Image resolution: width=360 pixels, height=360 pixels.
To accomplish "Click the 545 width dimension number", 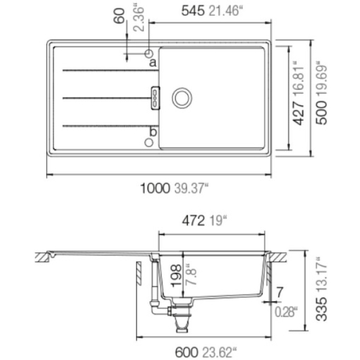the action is (x=193, y=11).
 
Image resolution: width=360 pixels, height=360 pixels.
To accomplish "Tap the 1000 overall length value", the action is (x=155, y=188).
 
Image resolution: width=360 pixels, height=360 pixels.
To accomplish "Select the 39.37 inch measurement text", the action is (x=191, y=188).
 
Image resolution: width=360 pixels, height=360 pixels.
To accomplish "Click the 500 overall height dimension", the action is (x=321, y=113).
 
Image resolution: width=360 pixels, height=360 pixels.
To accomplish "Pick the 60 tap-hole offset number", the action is (x=119, y=16).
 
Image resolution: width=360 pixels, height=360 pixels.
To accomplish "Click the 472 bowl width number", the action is (x=193, y=221).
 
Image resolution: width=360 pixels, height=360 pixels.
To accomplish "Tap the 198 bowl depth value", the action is (x=176, y=276).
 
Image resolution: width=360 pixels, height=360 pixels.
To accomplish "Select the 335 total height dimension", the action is (x=321, y=309).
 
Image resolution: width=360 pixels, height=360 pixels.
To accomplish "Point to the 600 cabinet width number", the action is (x=187, y=352).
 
